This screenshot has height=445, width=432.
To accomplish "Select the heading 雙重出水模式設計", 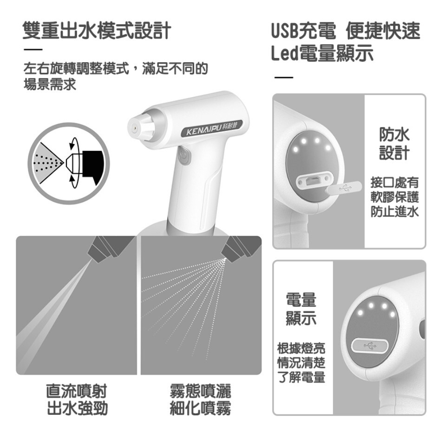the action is click(x=97, y=30).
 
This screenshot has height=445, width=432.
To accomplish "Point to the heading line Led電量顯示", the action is click(x=322, y=53).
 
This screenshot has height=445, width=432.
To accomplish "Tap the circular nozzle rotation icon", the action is click(x=69, y=163).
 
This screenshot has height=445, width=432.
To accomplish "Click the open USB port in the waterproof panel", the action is click(x=314, y=179).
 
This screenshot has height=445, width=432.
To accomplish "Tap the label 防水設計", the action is click(x=394, y=144).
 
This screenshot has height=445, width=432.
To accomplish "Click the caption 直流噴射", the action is click(x=77, y=392).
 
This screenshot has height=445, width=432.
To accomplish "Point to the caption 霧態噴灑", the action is click(x=200, y=392).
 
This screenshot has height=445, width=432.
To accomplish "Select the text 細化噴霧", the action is click(x=200, y=408).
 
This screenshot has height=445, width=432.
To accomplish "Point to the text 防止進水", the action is click(x=394, y=211).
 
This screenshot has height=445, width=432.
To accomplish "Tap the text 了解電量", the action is click(x=301, y=377).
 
